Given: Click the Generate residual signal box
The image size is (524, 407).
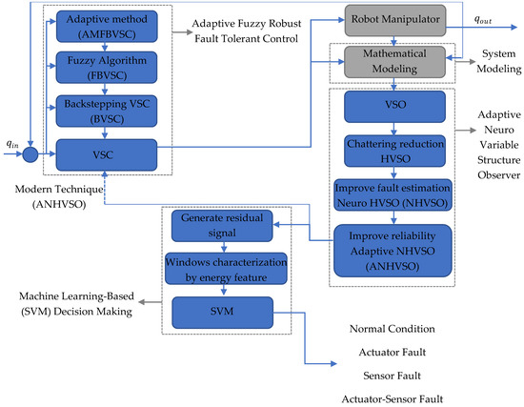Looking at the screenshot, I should [x=221, y=226].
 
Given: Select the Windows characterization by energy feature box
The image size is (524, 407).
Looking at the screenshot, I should [x=221, y=269].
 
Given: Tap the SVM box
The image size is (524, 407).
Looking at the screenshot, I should [x=221, y=310].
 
